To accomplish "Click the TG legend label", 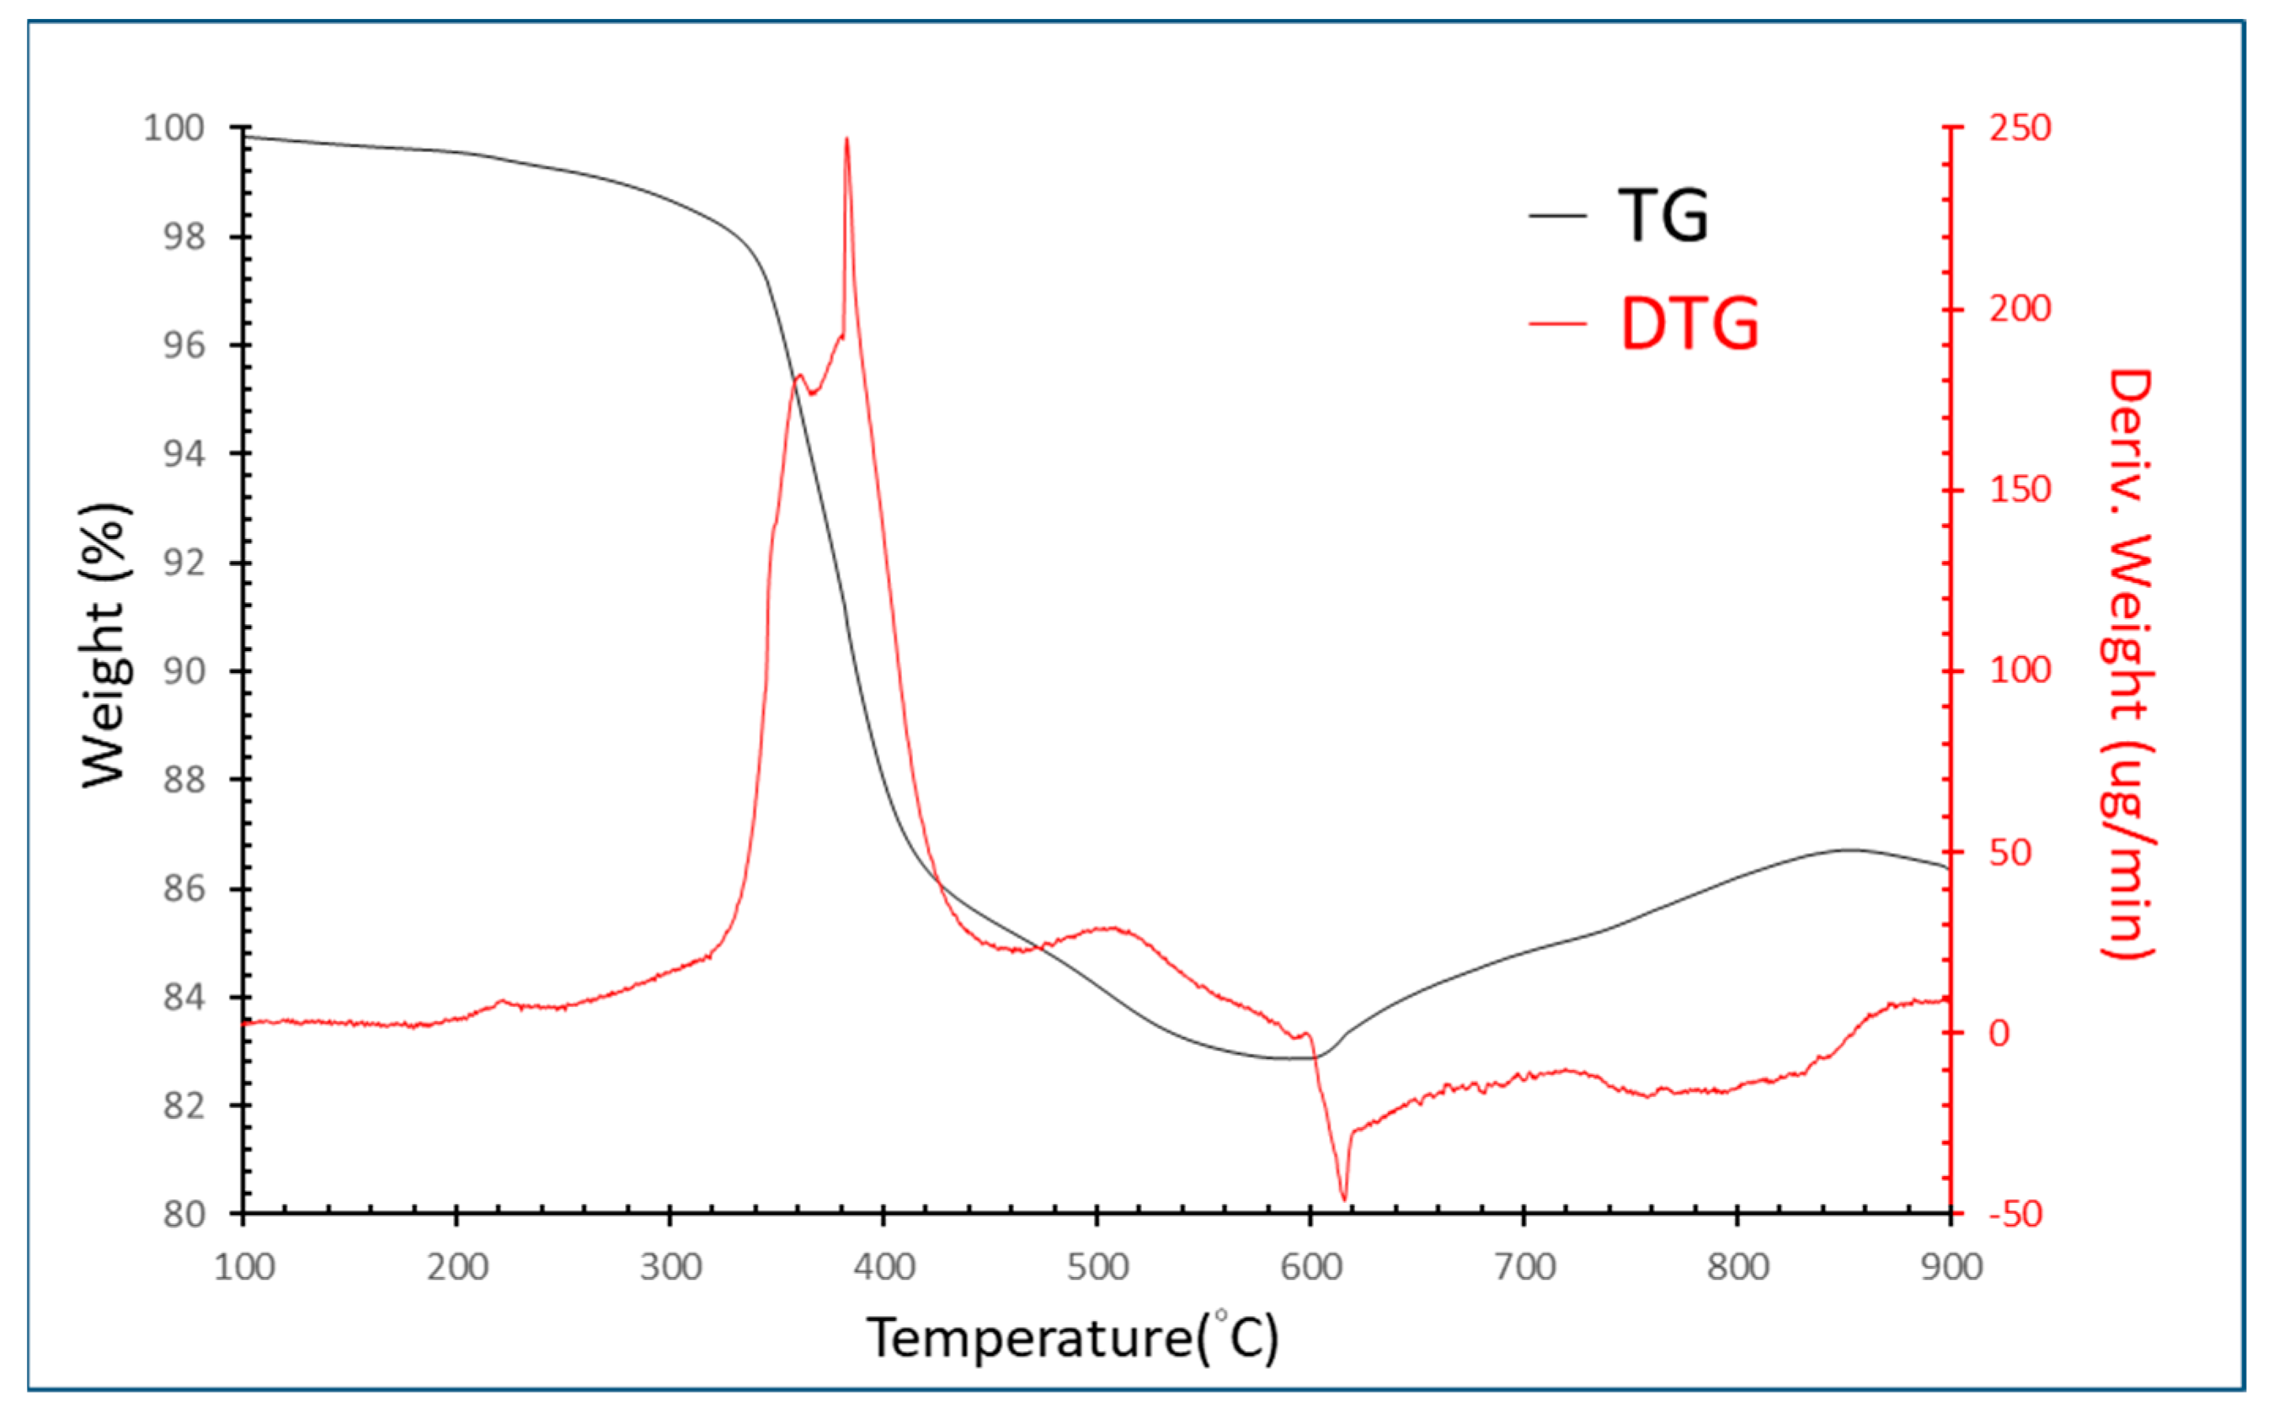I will point(1663,216).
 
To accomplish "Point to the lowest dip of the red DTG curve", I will point(1344,1198).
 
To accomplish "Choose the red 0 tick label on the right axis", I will point(1998,1033).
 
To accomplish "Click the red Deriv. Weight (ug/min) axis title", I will point(2129,664).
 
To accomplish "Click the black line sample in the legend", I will point(1557,216).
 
